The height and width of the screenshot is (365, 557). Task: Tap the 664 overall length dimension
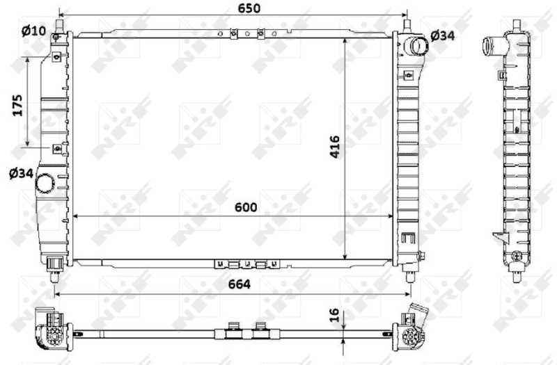point(237,284)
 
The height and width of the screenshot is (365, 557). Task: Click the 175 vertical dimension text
point(19,104)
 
